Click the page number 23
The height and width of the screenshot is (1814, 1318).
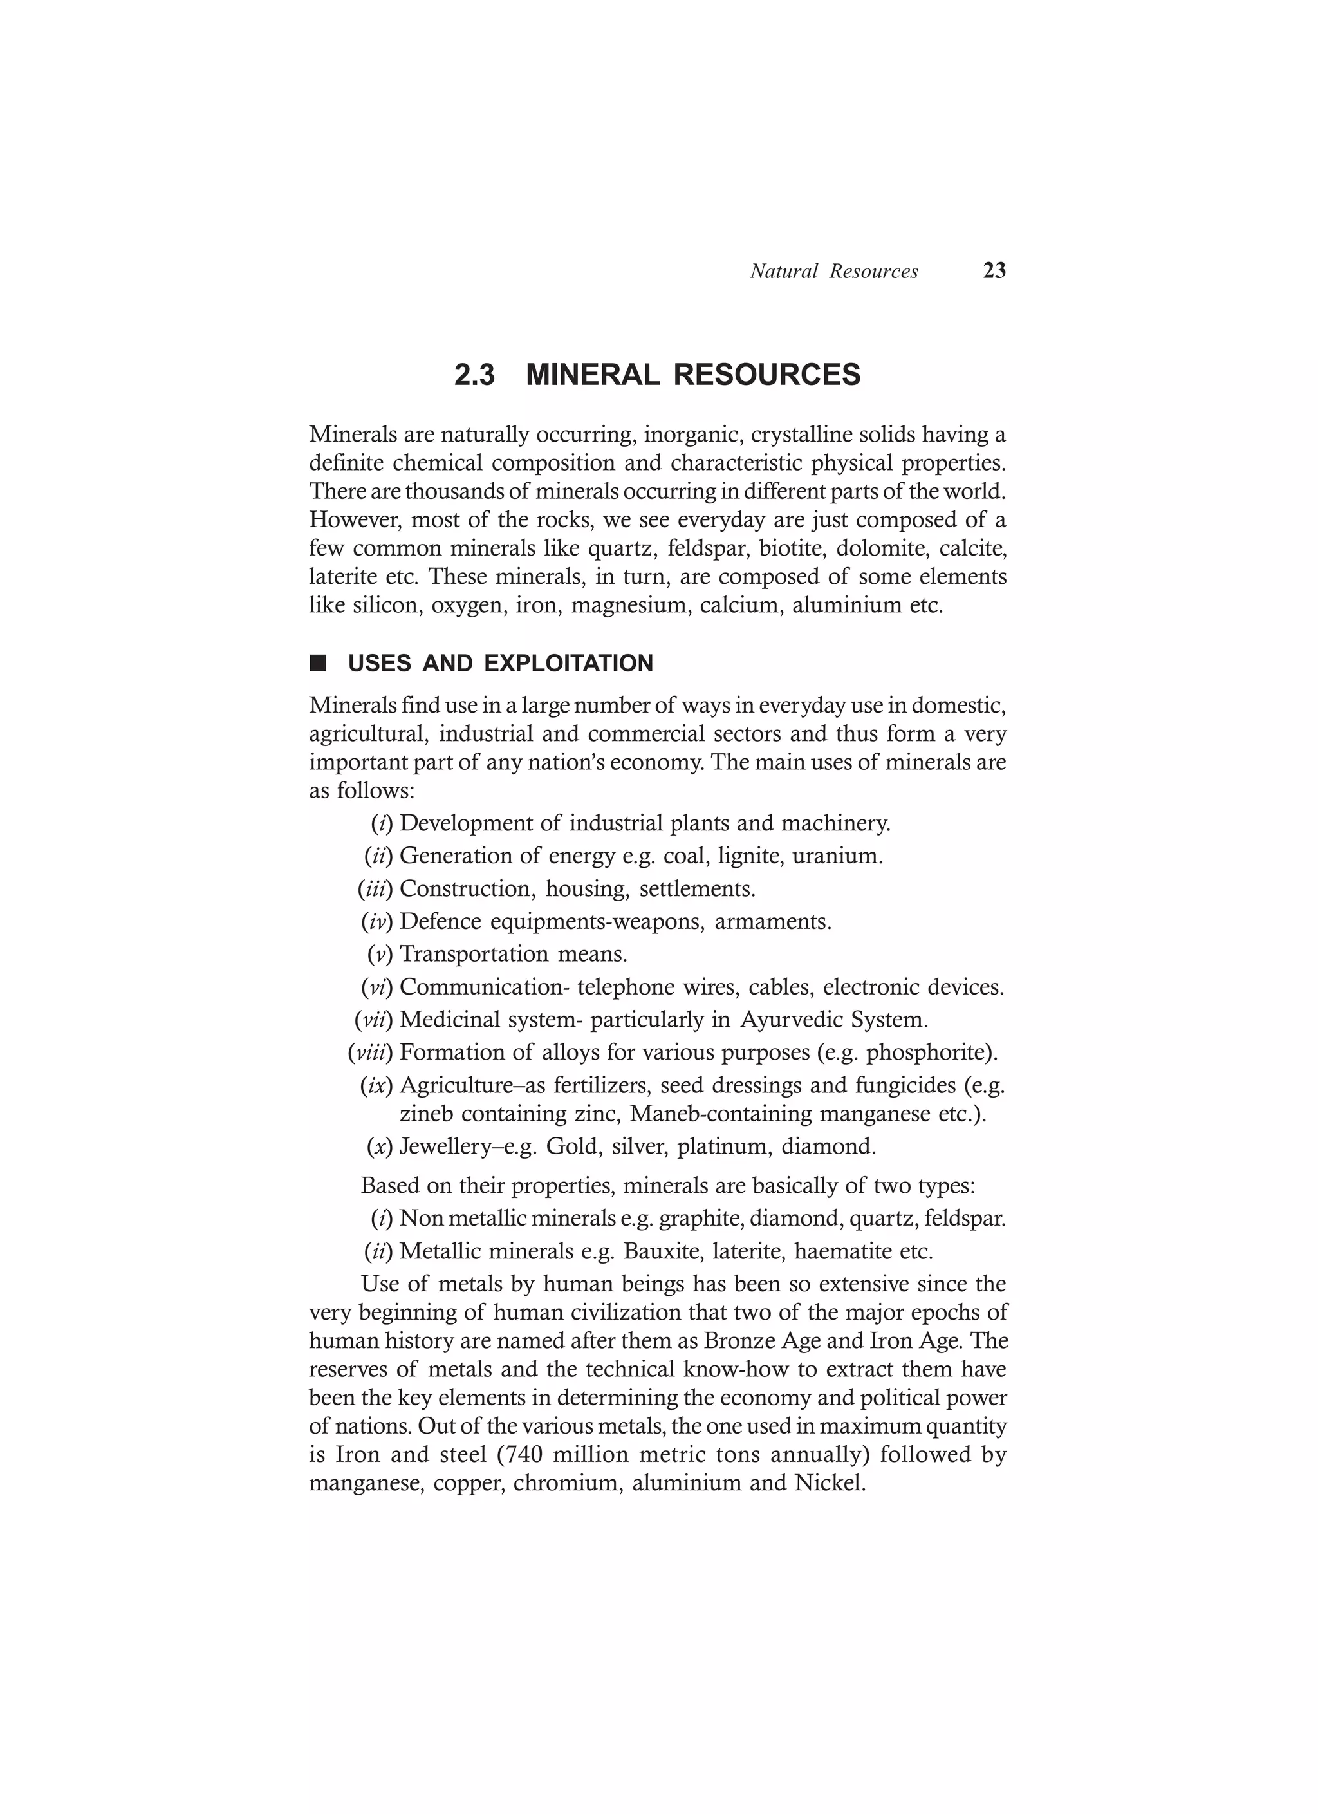tap(994, 271)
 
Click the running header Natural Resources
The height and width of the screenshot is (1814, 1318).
tap(833, 272)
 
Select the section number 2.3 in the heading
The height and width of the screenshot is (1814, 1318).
tap(474, 375)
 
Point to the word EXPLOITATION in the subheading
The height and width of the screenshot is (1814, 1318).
tap(569, 664)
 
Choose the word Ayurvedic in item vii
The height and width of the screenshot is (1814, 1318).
tap(792, 1020)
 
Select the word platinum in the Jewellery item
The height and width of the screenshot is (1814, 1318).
tap(722, 1147)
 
